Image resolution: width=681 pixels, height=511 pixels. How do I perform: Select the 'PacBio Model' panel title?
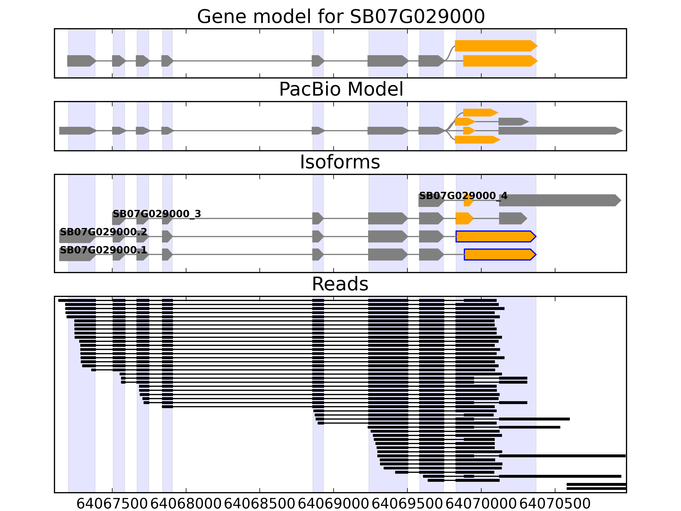coord(340,89)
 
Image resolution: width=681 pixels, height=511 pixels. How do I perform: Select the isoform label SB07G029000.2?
coord(103,232)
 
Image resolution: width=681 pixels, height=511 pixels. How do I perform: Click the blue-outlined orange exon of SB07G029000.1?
coord(499,255)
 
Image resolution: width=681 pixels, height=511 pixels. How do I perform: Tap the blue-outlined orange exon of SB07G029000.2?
coord(495,237)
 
